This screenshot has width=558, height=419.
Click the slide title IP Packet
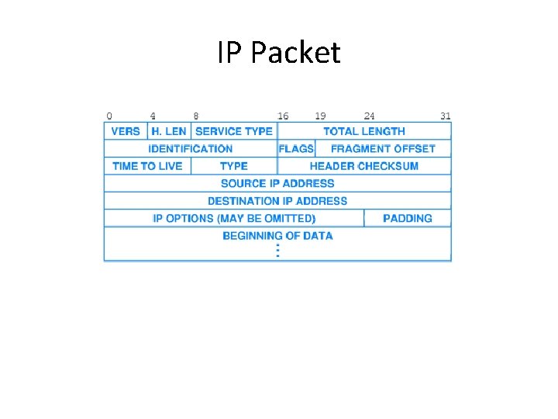(x=278, y=53)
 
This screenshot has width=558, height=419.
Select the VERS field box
(x=126, y=131)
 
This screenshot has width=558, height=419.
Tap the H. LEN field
(x=169, y=131)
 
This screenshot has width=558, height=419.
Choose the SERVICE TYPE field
(x=234, y=131)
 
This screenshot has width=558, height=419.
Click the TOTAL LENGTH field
(x=364, y=131)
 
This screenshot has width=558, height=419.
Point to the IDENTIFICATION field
(x=191, y=148)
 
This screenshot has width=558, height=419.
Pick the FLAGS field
(x=296, y=148)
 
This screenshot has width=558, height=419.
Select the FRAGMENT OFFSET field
(x=383, y=148)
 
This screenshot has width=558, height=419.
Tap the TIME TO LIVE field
(x=147, y=166)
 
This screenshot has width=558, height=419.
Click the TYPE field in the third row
(x=233, y=166)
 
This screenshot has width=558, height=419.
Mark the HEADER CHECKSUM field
(x=364, y=166)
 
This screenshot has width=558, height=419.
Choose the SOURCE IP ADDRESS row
(x=277, y=183)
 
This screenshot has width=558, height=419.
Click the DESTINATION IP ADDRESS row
(x=277, y=201)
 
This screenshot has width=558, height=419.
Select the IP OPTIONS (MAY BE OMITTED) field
(x=234, y=218)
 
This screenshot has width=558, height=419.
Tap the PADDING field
(x=408, y=218)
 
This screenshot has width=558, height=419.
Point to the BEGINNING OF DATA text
(x=277, y=236)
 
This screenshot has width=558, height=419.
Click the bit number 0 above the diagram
(x=108, y=116)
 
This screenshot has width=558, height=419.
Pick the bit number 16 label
(x=283, y=116)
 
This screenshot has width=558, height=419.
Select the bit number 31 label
(x=446, y=116)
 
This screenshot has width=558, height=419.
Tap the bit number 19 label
(x=320, y=116)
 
